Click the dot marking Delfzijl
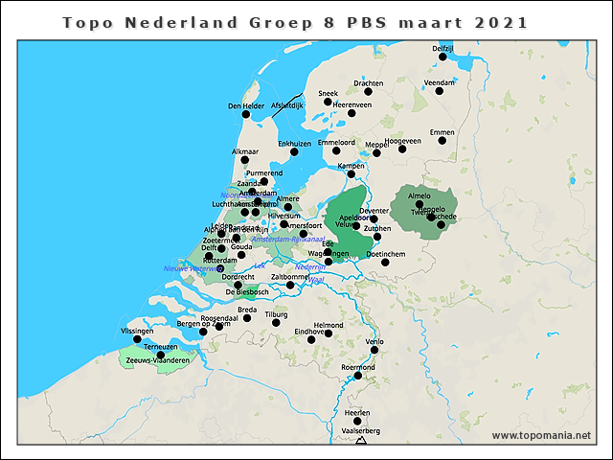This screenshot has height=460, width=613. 443,57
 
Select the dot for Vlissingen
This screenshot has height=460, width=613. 137,338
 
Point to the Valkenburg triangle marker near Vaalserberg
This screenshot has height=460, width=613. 360,441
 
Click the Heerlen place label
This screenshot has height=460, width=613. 357,411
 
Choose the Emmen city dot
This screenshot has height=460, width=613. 443,141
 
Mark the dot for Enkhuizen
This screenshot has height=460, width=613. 295,152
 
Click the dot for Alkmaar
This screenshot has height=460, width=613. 245,161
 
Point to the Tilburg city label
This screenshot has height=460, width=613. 276,313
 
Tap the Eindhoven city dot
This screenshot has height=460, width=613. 329,333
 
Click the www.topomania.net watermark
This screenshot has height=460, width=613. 541,436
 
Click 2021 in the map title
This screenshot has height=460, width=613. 500,22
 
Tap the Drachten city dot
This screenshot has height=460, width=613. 368,92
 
